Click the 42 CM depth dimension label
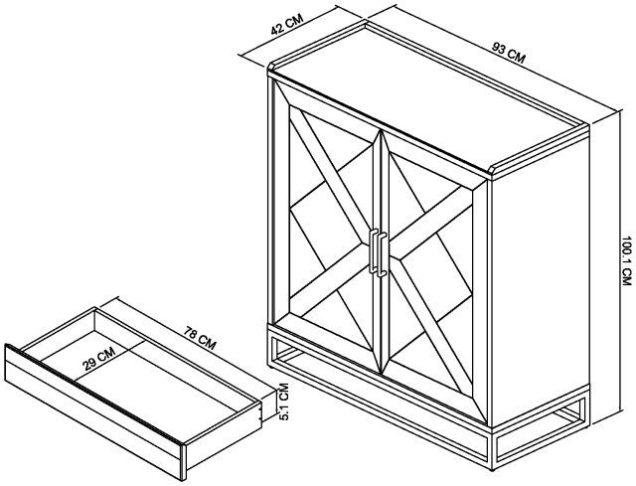[x=287, y=25]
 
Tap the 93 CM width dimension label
[x=509, y=53]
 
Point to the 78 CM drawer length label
[x=199, y=338]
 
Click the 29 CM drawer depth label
[x=99, y=359]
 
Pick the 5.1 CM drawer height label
[x=284, y=402]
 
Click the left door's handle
[x=373, y=250]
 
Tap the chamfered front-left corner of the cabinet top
[x=271, y=68]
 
